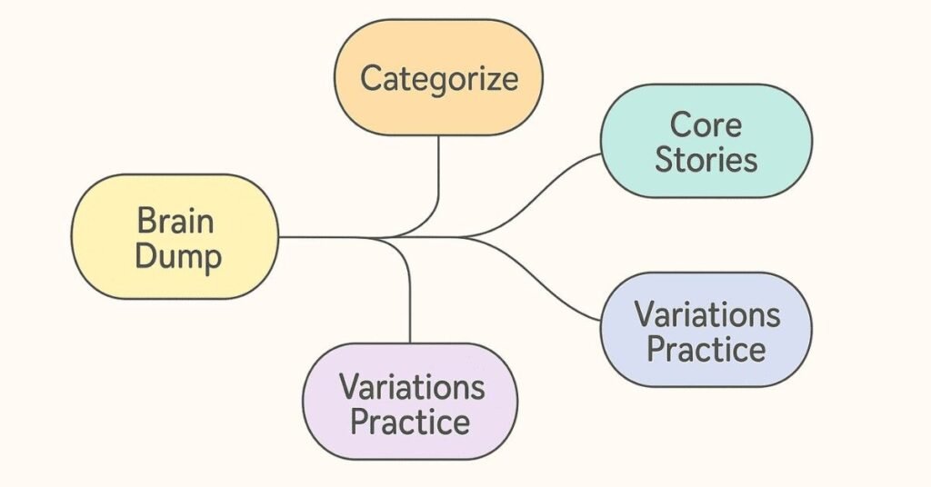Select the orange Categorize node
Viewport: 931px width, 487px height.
[438, 78]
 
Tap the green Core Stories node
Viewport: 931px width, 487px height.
[706, 141]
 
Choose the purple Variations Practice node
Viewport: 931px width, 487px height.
[410, 402]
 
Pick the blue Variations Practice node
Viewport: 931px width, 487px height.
[706, 331]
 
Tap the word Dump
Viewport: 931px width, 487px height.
[178, 256]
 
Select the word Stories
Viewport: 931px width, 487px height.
[706, 160]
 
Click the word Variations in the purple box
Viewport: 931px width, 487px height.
[412, 386]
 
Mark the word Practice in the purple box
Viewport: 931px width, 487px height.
[410, 422]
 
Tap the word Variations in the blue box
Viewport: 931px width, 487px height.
[707, 314]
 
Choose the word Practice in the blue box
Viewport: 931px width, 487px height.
[706, 350]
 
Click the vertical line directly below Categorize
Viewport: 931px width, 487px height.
[439, 168]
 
